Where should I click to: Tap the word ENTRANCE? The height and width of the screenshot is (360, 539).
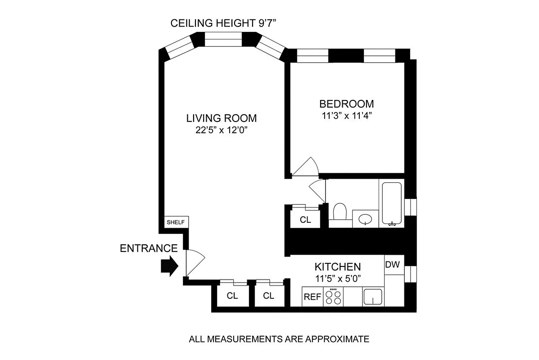pos(149,248)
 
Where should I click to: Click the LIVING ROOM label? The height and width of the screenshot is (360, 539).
pos(222,118)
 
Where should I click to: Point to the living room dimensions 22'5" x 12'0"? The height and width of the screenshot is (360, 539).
pos(222,131)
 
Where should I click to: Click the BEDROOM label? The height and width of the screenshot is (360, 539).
pos(344,103)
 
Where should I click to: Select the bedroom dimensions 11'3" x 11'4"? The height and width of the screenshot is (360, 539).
pos(344,115)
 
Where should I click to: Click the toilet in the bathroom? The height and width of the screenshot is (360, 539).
pos(339,212)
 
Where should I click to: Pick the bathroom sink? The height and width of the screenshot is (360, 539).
pos(365,219)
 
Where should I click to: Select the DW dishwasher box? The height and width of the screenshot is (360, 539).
pos(393,265)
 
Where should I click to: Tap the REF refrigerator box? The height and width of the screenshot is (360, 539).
pos(312,297)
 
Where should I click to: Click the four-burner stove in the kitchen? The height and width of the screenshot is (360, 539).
pos(334,297)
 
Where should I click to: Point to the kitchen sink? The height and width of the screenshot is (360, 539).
pos(373,297)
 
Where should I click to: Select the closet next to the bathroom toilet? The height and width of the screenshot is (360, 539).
pos(305,220)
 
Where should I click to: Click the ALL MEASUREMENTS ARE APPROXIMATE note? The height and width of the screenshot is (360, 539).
pos(279,339)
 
